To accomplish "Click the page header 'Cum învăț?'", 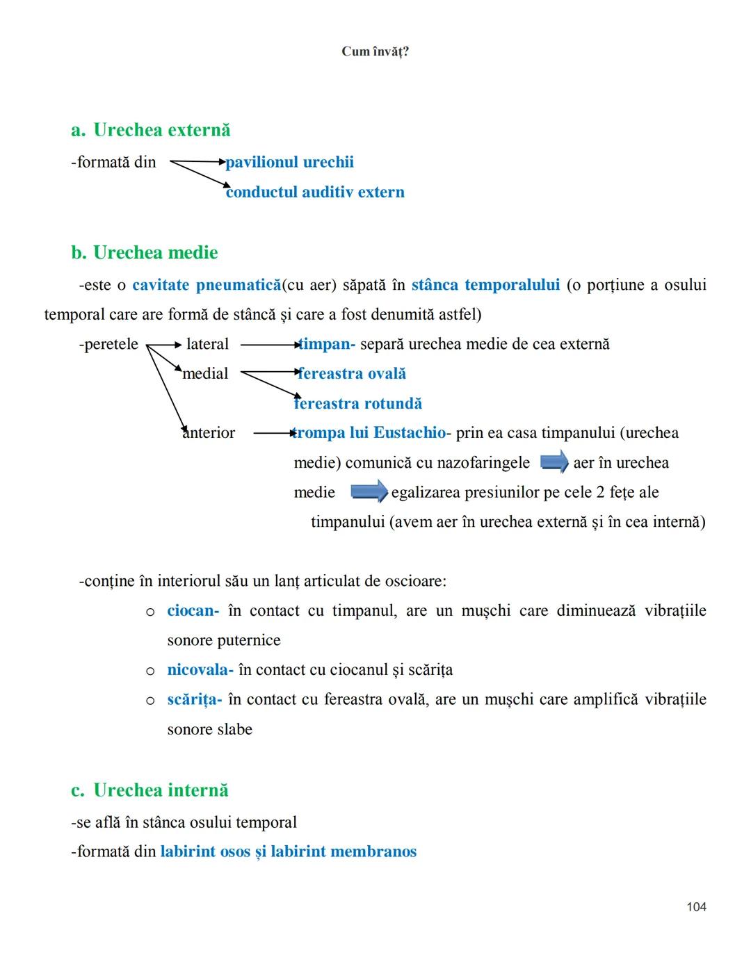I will pos(375,51).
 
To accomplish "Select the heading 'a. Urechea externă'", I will pos(151,130).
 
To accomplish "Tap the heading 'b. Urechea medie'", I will pos(145,252).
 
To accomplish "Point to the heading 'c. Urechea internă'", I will pos(150,790).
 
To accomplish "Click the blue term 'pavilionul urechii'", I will pos(289,162).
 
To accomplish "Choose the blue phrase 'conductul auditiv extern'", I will pos(315,192).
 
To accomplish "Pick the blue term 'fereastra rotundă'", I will pos(358,403).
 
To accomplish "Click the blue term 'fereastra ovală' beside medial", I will pos(352,373).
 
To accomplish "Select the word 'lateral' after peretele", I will pos(207,344).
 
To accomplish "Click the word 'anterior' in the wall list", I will pos(209,432).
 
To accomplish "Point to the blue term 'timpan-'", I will pos(327,344).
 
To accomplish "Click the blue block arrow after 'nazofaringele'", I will pos(554,462).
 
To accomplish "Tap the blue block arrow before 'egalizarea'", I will pos(369,491).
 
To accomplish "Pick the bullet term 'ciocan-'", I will pos(193,610).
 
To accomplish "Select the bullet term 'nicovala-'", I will pos(200,669).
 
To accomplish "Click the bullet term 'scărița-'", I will pos(194,699).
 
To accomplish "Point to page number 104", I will pos(696,906).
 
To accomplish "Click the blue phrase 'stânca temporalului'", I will pos(485,285).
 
